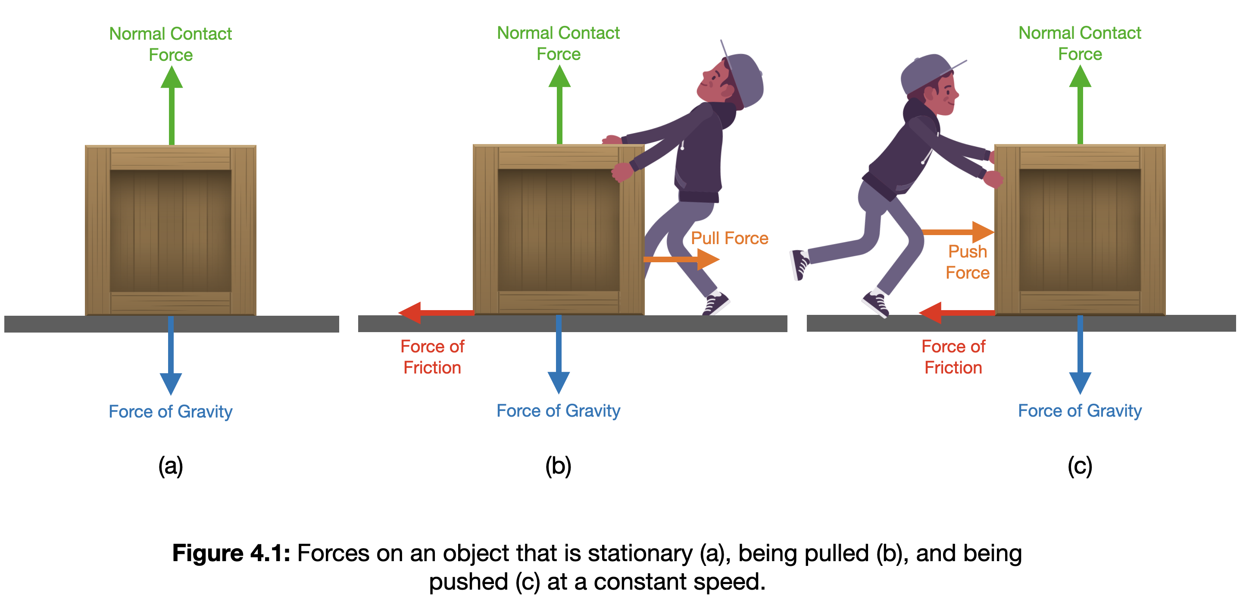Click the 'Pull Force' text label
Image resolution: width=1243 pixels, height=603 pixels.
pos(729,238)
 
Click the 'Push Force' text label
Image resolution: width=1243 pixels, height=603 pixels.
pos(967,262)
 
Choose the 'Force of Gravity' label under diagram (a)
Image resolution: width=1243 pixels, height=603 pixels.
pos(170,411)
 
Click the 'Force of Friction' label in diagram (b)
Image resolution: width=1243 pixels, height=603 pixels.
pos(432,357)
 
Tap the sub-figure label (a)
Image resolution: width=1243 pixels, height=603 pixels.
pos(170,466)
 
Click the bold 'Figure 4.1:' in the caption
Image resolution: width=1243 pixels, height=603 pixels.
pos(231,553)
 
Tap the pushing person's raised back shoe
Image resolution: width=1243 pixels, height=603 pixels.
pos(800,264)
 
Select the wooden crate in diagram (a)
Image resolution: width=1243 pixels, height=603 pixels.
pos(170,230)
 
